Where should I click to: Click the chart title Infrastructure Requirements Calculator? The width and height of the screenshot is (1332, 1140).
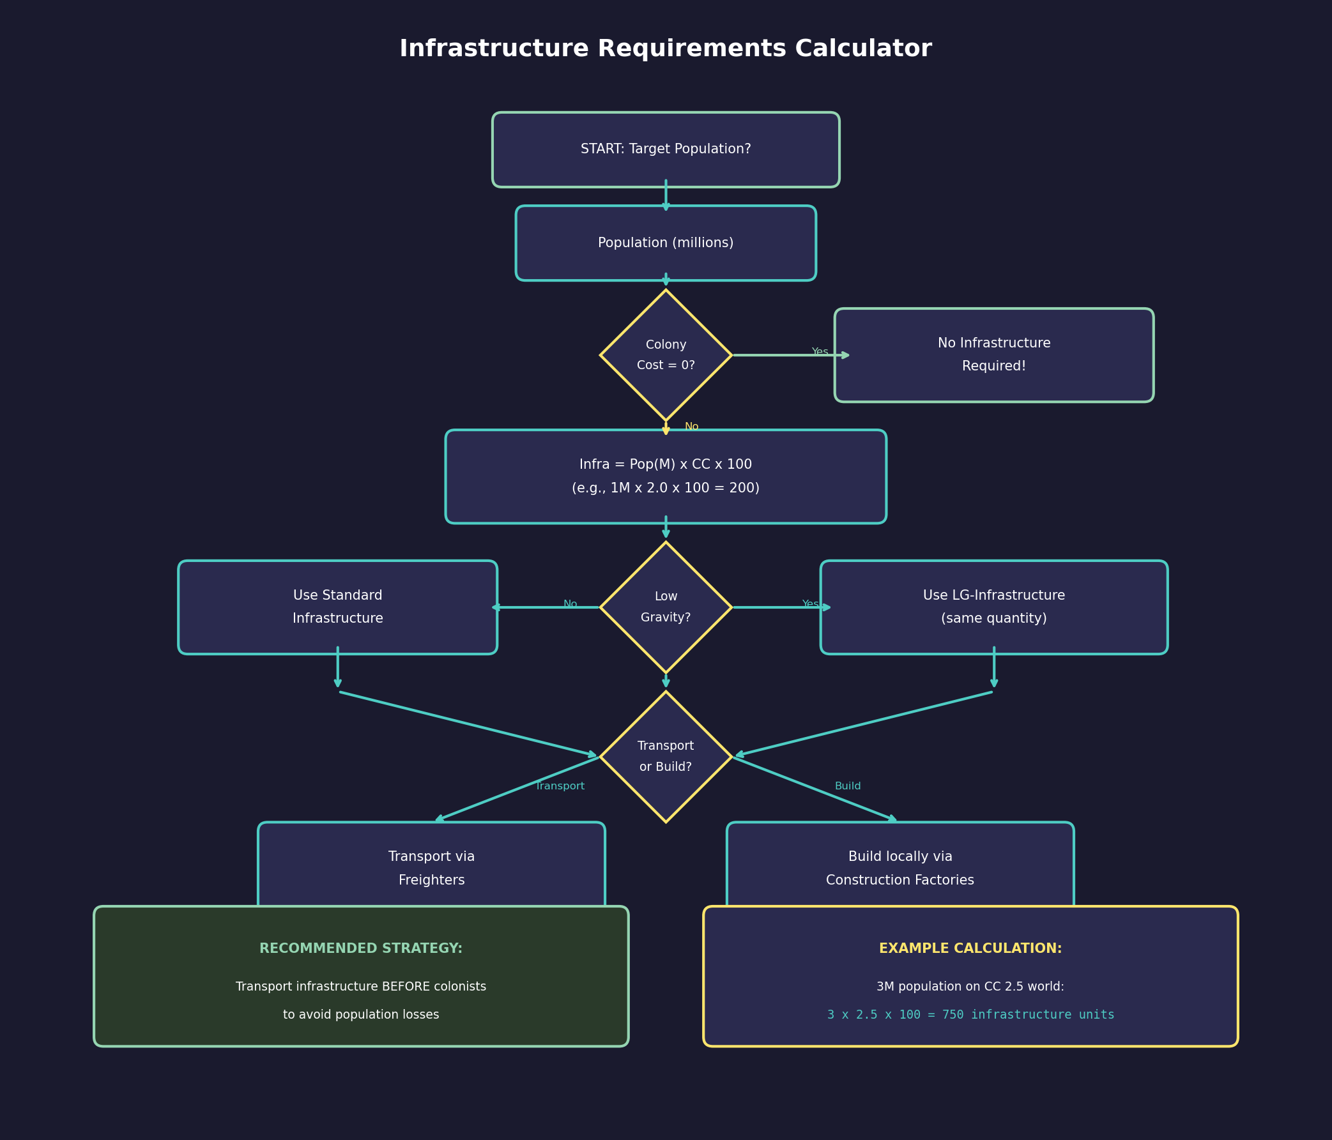(665, 49)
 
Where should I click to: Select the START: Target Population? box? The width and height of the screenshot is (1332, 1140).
(665, 149)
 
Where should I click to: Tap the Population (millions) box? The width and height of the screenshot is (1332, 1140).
(665, 243)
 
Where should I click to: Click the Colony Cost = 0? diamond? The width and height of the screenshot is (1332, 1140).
(665, 354)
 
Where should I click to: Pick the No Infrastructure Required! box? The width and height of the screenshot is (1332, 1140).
(993, 354)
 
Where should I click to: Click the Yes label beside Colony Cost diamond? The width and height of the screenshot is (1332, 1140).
(820, 351)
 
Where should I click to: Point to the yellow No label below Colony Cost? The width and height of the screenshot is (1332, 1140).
(691, 427)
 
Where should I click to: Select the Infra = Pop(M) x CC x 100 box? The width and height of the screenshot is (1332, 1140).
(665, 476)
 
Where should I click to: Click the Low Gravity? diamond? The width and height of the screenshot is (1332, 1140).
(665, 607)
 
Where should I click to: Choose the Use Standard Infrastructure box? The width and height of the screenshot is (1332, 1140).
(337, 607)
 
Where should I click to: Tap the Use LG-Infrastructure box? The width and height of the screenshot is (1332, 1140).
(993, 607)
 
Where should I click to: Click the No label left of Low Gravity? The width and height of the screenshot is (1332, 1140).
(570, 604)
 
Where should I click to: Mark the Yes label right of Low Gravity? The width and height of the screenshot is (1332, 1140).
(810, 604)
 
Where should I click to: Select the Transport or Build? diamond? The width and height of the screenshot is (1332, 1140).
(665, 756)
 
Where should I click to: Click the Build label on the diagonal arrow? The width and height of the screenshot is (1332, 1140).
(847, 786)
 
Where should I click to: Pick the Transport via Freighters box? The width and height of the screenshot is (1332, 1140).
(431, 867)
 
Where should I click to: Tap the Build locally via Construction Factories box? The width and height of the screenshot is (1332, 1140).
(899, 867)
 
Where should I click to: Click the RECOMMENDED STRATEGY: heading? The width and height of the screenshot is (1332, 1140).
(361, 948)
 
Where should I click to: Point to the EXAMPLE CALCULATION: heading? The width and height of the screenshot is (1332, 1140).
(970, 948)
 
